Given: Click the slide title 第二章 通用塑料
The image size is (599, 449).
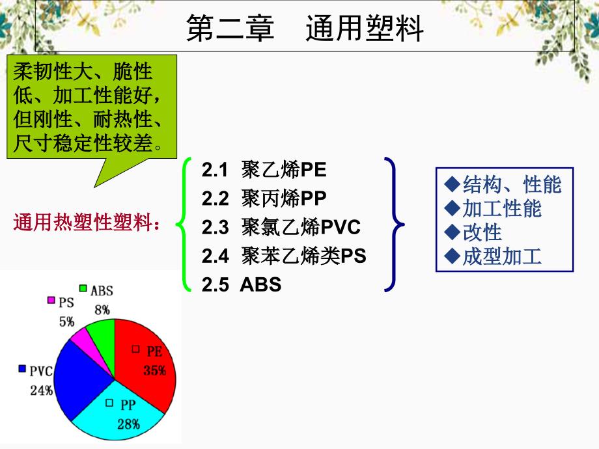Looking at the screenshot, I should pos(305,29).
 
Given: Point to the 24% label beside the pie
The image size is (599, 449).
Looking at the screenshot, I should pos(41,391).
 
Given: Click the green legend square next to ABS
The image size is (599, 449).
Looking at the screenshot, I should pos(83,288).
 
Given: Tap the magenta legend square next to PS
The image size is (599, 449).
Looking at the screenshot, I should pos(51,301).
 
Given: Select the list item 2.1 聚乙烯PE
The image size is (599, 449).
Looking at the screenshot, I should pos(264,170).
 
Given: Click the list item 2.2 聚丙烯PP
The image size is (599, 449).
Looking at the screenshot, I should pos(264,198).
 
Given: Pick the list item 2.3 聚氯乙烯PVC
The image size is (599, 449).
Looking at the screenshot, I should pos(281,227).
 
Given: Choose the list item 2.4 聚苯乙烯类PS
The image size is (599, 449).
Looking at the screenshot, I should pos(284,256).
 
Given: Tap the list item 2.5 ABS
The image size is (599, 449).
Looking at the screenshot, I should pos(242,284).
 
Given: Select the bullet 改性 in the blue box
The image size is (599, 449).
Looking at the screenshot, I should pos(473,232).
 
